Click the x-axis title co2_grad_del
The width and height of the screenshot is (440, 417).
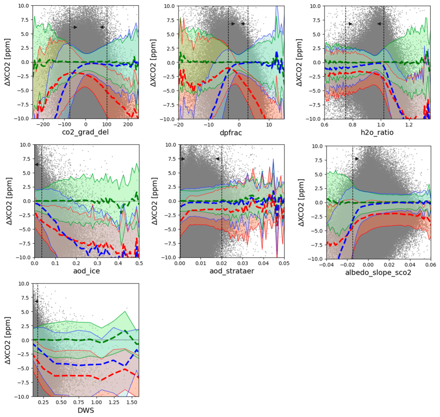click(85, 132)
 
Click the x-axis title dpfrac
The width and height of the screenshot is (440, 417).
click(231, 133)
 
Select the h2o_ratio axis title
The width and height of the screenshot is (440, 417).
click(377, 132)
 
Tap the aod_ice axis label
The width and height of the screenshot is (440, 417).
click(87, 271)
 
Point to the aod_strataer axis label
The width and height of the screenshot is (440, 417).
click(232, 271)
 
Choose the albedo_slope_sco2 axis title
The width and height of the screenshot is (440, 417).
click(378, 272)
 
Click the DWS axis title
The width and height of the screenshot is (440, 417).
click(86, 410)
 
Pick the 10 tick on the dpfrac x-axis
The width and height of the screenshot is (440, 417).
click(269, 125)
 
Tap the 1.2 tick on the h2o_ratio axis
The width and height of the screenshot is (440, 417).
click(409, 125)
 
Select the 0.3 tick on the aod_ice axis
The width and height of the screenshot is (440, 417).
click(97, 263)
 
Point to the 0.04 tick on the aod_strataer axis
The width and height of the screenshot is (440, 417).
click(264, 263)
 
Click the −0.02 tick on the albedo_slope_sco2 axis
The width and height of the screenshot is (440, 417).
click(347, 265)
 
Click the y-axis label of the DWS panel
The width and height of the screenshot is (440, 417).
click(8, 340)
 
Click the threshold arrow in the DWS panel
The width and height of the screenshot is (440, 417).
click(36, 302)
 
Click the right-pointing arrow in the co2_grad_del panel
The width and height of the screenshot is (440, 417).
click(74, 27)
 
